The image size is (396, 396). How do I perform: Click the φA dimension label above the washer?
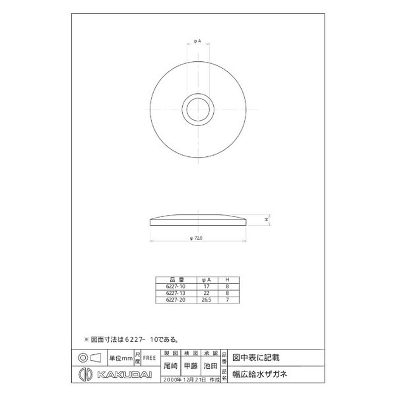(x=197, y=42)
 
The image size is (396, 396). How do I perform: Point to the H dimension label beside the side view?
(x=266, y=219)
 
